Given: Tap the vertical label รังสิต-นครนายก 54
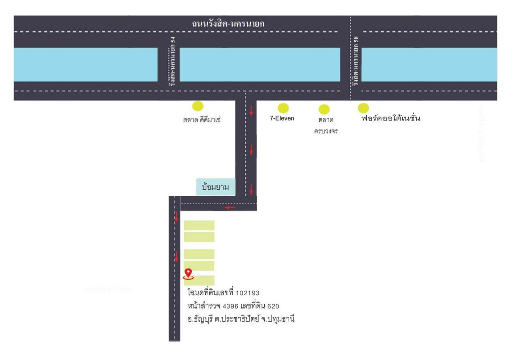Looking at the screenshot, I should [x=173, y=61].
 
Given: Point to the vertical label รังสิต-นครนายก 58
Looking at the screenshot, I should [x=356, y=61].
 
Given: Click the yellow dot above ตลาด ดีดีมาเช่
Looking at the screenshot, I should [x=198, y=106].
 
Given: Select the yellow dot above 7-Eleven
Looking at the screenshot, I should [x=283, y=108].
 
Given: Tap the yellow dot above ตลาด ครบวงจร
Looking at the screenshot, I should [x=324, y=109].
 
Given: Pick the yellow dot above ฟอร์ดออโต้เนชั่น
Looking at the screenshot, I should [x=363, y=108].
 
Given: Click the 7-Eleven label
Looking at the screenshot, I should [x=282, y=119].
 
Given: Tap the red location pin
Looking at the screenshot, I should [x=189, y=273].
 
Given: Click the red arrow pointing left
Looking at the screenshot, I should [x=230, y=207].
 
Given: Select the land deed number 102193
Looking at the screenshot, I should [x=248, y=293].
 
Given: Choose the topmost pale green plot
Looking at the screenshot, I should [x=199, y=225].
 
